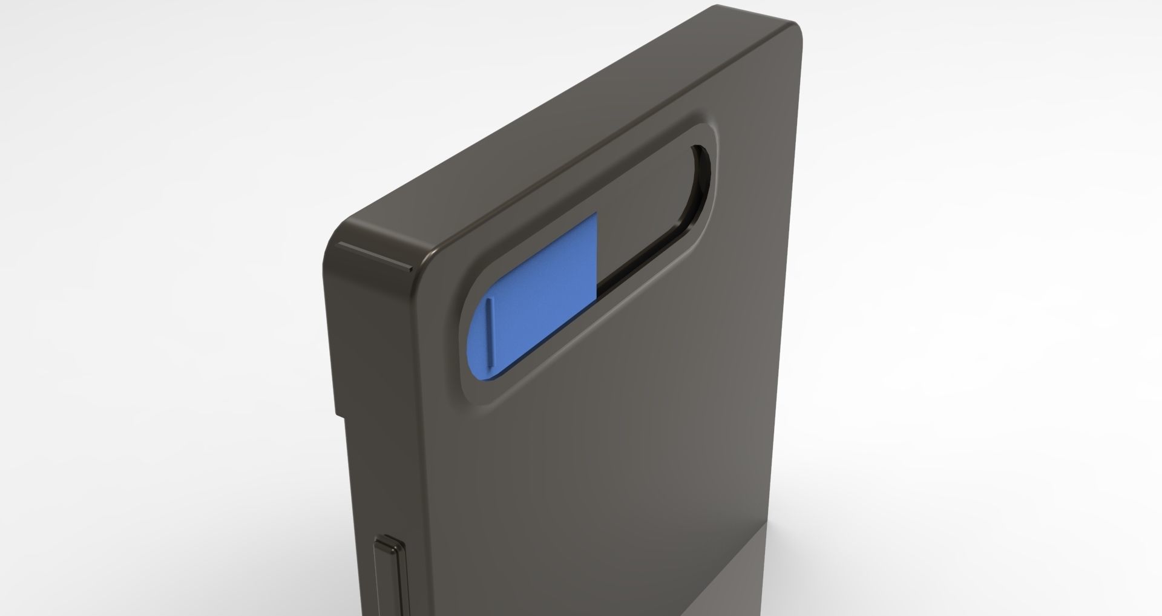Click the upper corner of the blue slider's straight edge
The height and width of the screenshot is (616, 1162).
(x=596, y=214)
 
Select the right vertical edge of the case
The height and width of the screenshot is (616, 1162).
(x=800, y=303)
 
